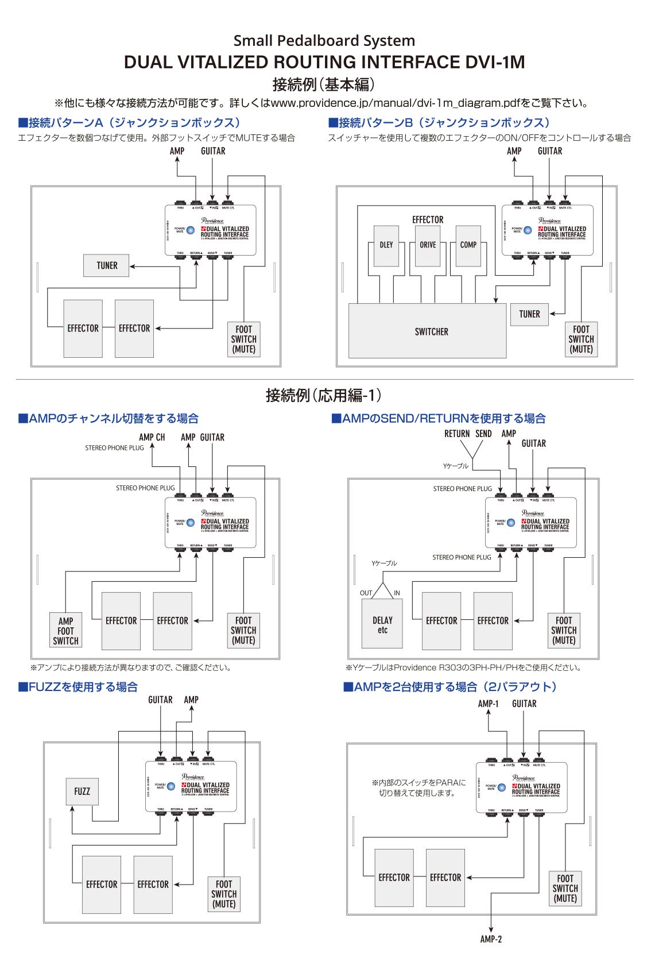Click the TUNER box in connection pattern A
[x=106, y=265]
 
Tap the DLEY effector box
[x=386, y=245]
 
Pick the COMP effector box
[x=468, y=245]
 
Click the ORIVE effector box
[x=428, y=245]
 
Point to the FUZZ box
[x=82, y=791]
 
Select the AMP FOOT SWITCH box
[x=65, y=631]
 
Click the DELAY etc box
[x=382, y=625]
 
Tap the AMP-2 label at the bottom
[x=491, y=939]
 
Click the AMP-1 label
[x=489, y=704]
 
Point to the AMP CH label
[x=152, y=437]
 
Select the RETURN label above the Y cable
[x=457, y=434]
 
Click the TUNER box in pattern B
[x=529, y=314]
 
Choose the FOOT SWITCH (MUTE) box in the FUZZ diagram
[x=224, y=894]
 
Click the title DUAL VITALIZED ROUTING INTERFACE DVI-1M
[x=324, y=62]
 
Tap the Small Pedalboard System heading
[x=324, y=41]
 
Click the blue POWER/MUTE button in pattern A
[x=191, y=230]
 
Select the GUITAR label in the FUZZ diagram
[x=160, y=700]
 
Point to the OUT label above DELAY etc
[x=366, y=593]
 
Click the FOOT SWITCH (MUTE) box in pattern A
[x=244, y=339]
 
